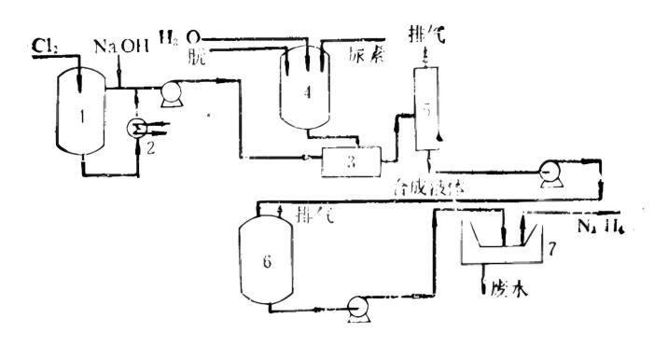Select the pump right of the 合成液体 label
click(x=548, y=171)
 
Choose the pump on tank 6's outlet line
click(x=355, y=305)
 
